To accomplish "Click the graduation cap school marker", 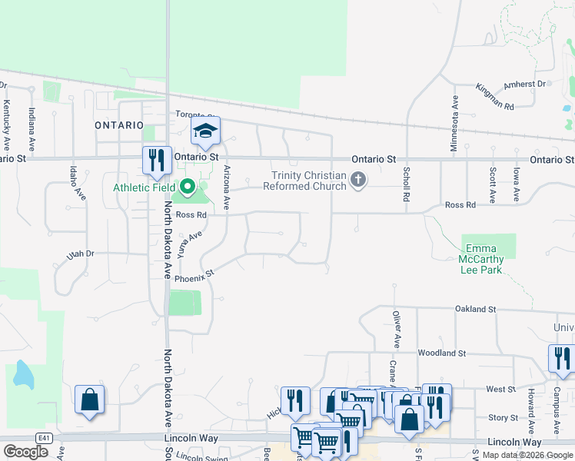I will click(x=205, y=131).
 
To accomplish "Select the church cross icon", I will click(x=357, y=181).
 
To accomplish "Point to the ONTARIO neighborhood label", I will click(x=119, y=124).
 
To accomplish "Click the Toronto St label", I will click(x=194, y=114).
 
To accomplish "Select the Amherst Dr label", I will click(x=524, y=84).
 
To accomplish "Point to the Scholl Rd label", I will click(x=405, y=187).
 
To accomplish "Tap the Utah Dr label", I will click(x=80, y=254).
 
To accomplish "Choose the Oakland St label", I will click(x=475, y=309).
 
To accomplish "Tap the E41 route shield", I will click(x=46, y=438).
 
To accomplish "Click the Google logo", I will click(x=25, y=451).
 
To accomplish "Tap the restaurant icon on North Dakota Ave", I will click(x=157, y=161).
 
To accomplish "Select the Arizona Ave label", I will click(x=226, y=188).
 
